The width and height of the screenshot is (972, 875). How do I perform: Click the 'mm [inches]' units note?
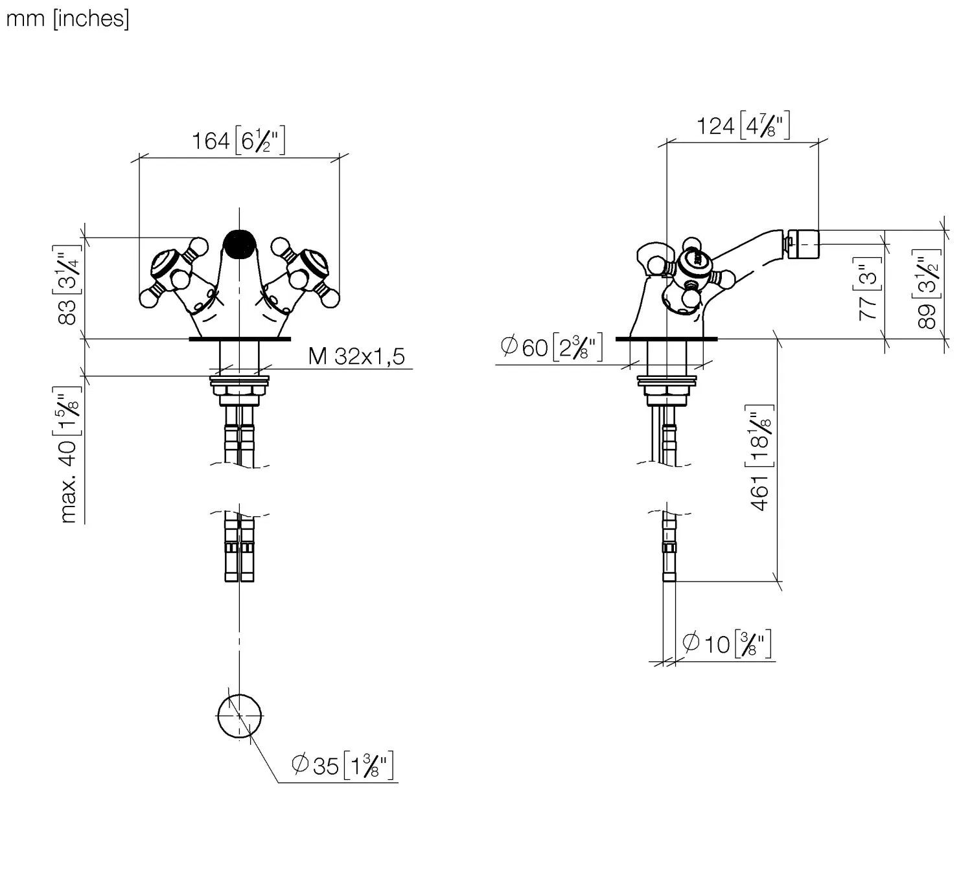click(67, 19)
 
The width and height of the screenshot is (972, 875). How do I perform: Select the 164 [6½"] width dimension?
click(238, 141)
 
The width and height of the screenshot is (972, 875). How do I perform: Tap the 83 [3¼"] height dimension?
click(68, 287)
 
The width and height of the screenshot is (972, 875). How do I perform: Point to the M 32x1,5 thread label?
click(356, 356)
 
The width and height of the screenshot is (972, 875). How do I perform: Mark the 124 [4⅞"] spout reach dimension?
click(743, 125)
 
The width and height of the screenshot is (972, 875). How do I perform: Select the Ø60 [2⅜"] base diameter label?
click(551, 347)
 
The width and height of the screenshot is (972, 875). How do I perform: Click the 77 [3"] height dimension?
click(868, 288)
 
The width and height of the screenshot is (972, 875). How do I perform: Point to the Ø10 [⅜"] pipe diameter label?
click(727, 644)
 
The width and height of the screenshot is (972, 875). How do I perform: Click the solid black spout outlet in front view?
click(239, 244)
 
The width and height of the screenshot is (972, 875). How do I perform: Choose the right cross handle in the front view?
click(305, 273)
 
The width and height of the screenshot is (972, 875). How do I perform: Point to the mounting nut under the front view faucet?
click(239, 390)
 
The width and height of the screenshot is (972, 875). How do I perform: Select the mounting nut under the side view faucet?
click(667, 390)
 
